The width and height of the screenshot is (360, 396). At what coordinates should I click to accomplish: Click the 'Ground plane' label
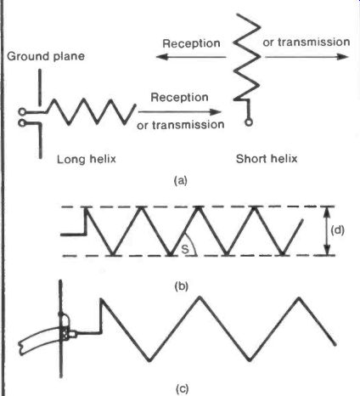pos(46,56)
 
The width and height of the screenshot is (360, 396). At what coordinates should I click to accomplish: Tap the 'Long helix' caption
pos(87,159)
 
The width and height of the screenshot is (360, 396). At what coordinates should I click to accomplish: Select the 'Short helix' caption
pos(267,158)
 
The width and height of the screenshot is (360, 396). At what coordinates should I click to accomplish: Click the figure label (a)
pos(181,180)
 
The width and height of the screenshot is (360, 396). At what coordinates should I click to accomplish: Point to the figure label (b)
pos(181,286)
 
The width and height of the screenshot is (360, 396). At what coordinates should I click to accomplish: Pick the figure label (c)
pos(182,388)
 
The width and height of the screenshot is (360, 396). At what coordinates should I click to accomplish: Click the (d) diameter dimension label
pos(337,230)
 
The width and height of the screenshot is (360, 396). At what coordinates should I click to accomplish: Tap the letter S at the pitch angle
pos(185,249)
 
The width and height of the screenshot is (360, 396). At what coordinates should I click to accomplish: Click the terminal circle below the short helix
pos(249,122)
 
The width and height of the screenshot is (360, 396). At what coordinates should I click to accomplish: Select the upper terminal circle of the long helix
pos(22,112)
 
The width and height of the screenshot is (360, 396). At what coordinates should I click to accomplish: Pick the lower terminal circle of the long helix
pos(22,123)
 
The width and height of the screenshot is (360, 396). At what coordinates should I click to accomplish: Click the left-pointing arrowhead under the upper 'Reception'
pos(161,57)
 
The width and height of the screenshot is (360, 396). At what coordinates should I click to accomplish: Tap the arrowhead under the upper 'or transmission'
pos(343,57)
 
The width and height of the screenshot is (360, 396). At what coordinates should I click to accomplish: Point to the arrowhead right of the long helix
pos(216,112)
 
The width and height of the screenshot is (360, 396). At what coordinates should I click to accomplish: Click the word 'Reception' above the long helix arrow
pos(179,97)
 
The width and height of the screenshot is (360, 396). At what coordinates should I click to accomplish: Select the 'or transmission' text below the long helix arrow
pos(181,125)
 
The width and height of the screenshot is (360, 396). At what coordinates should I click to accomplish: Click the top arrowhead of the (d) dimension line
pos(327,212)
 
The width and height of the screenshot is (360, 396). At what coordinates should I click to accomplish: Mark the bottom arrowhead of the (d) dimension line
pos(327,250)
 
